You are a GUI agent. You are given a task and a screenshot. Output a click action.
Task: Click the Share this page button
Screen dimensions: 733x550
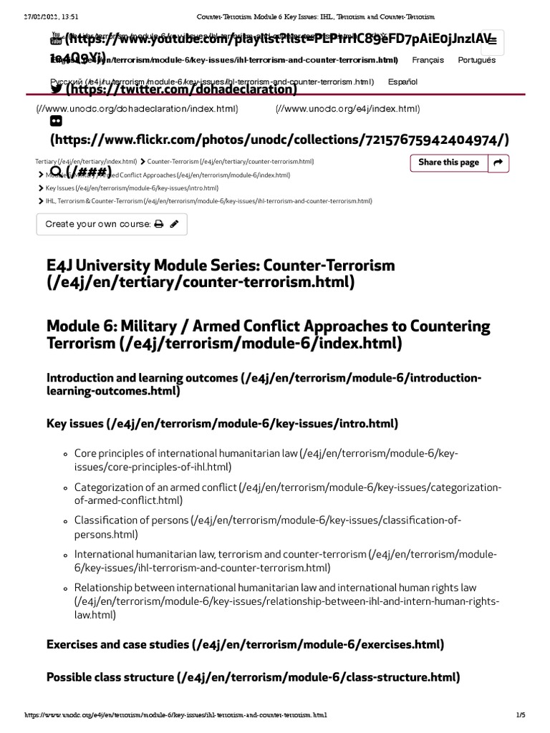tap(448, 162)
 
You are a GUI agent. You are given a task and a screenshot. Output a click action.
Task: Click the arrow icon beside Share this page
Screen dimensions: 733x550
tap(498, 162)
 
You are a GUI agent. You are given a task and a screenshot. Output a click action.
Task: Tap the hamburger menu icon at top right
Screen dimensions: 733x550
tap(491, 42)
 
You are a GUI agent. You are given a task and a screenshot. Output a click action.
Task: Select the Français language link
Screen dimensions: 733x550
tap(428, 60)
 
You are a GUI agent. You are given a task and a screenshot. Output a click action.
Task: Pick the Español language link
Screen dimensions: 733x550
tap(402, 82)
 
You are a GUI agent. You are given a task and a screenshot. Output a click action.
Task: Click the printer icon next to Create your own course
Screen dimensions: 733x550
tap(159, 224)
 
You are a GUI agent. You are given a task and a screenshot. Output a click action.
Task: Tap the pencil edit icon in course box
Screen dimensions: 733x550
tap(174, 224)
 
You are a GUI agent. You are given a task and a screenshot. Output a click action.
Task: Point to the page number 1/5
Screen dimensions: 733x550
tap(520, 714)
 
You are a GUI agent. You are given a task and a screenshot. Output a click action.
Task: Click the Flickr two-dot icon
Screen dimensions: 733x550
tap(56, 121)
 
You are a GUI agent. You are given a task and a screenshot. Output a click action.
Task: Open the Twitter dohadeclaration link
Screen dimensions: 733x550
tap(179, 89)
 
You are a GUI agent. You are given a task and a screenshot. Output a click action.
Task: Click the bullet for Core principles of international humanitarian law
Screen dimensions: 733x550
tap(65, 454)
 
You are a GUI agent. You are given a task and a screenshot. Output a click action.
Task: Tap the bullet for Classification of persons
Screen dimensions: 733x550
tap(65, 520)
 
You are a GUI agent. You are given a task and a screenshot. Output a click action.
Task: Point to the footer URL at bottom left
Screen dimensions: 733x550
tap(175, 714)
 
